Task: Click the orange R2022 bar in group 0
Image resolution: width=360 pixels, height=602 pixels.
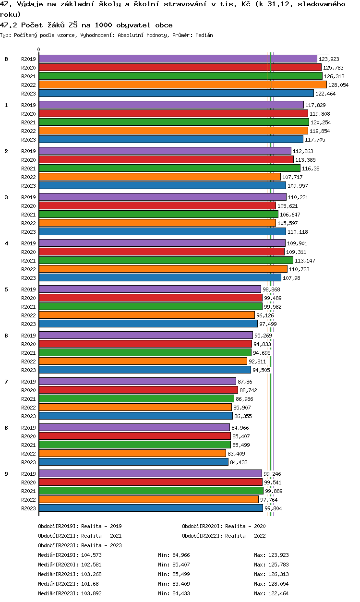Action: [x=182, y=84]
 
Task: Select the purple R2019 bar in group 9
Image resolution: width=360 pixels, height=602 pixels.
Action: [x=150, y=473]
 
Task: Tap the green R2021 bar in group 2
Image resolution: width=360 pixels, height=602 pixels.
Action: [x=169, y=168]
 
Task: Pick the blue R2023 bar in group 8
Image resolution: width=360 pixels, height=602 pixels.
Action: [x=133, y=462]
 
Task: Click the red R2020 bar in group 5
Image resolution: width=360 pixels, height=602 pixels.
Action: [x=150, y=298]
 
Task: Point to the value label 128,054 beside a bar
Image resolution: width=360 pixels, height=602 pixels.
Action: [x=338, y=85]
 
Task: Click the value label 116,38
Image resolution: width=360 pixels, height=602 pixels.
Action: [x=310, y=169]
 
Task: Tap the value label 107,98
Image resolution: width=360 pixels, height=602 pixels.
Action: [x=291, y=278]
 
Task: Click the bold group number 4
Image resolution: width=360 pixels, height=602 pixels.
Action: [x=6, y=243]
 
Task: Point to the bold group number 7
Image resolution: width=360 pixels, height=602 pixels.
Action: [x=6, y=382]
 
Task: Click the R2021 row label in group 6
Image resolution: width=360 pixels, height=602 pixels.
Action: [x=28, y=353]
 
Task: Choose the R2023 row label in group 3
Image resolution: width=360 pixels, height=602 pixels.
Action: [x=28, y=232]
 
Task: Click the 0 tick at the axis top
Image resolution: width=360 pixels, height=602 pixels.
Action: [x=39, y=49]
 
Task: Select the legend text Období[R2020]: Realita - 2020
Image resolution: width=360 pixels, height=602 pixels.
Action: [x=224, y=526]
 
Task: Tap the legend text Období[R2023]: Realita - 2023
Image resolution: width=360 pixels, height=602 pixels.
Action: [x=80, y=545]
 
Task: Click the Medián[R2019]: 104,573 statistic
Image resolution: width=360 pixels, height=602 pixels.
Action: [x=70, y=555]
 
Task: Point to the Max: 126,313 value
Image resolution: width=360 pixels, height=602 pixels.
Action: [x=271, y=574]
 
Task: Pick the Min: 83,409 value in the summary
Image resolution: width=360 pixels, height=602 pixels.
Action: [x=174, y=584]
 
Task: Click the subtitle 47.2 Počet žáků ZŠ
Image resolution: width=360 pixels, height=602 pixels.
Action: [x=86, y=25]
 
